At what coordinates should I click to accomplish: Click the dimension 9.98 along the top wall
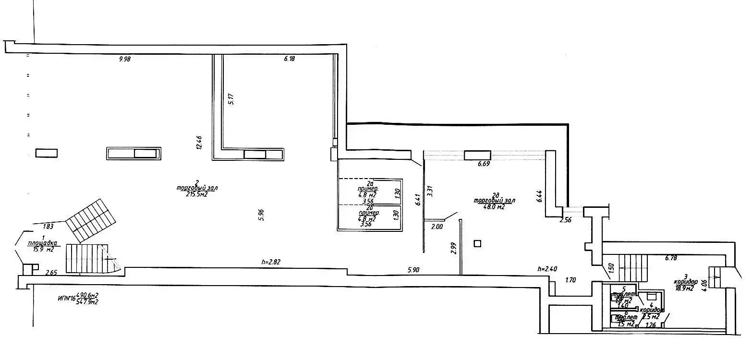pyautogui.click(x=124, y=60)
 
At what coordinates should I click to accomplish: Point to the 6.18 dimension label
pyautogui.click(x=289, y=59)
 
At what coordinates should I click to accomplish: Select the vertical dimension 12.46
pyautogui.click(x=199, y=143)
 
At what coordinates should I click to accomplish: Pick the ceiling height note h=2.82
pyautogui.click(x=271, y=262)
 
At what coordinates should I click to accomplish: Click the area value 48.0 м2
pyautogui.click(x=494, y=207)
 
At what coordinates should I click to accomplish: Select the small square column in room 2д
pyautogui.click(x=477, y=243)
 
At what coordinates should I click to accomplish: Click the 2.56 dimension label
pyautogui.click(x=567, y=220)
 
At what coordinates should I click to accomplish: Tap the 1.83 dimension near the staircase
pyautogui.click(x=48, y=227)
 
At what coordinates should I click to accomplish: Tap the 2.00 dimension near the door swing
pyautogui.click(x=437, y=227)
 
